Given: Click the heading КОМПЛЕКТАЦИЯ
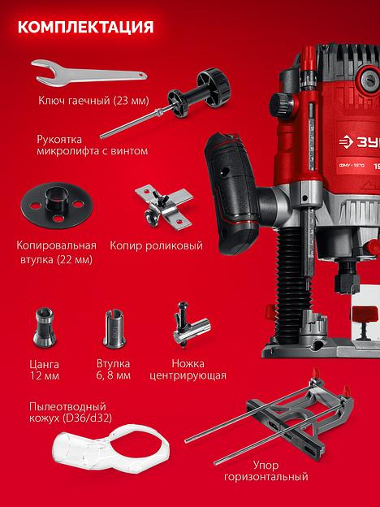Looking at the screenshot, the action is pyautogui.click(x=85, y=27).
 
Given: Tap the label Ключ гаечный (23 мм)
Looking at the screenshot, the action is pyautogui.click(x=93, y=100).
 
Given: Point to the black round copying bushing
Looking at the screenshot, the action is pyautogui.click(x=57, y=206).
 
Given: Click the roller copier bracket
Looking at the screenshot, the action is pyautogui.click(x=164, y=206).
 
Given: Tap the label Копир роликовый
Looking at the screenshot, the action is pyautogui.click(x=157, y=245).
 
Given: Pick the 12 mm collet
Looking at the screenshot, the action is pyautogui.click(x=45, y=327).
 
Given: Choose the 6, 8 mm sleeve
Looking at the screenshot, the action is pyautogui.click(x=114, y=328).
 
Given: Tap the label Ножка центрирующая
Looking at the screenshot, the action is pyautogui.click(x=188, y=370).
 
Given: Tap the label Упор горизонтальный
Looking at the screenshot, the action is pyautogui.click(x=266, y=470).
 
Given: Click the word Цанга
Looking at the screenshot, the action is pyautogui.click(x=45, y=364).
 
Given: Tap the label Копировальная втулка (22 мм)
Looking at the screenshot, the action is pyautogui.click(x=57, y=252).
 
